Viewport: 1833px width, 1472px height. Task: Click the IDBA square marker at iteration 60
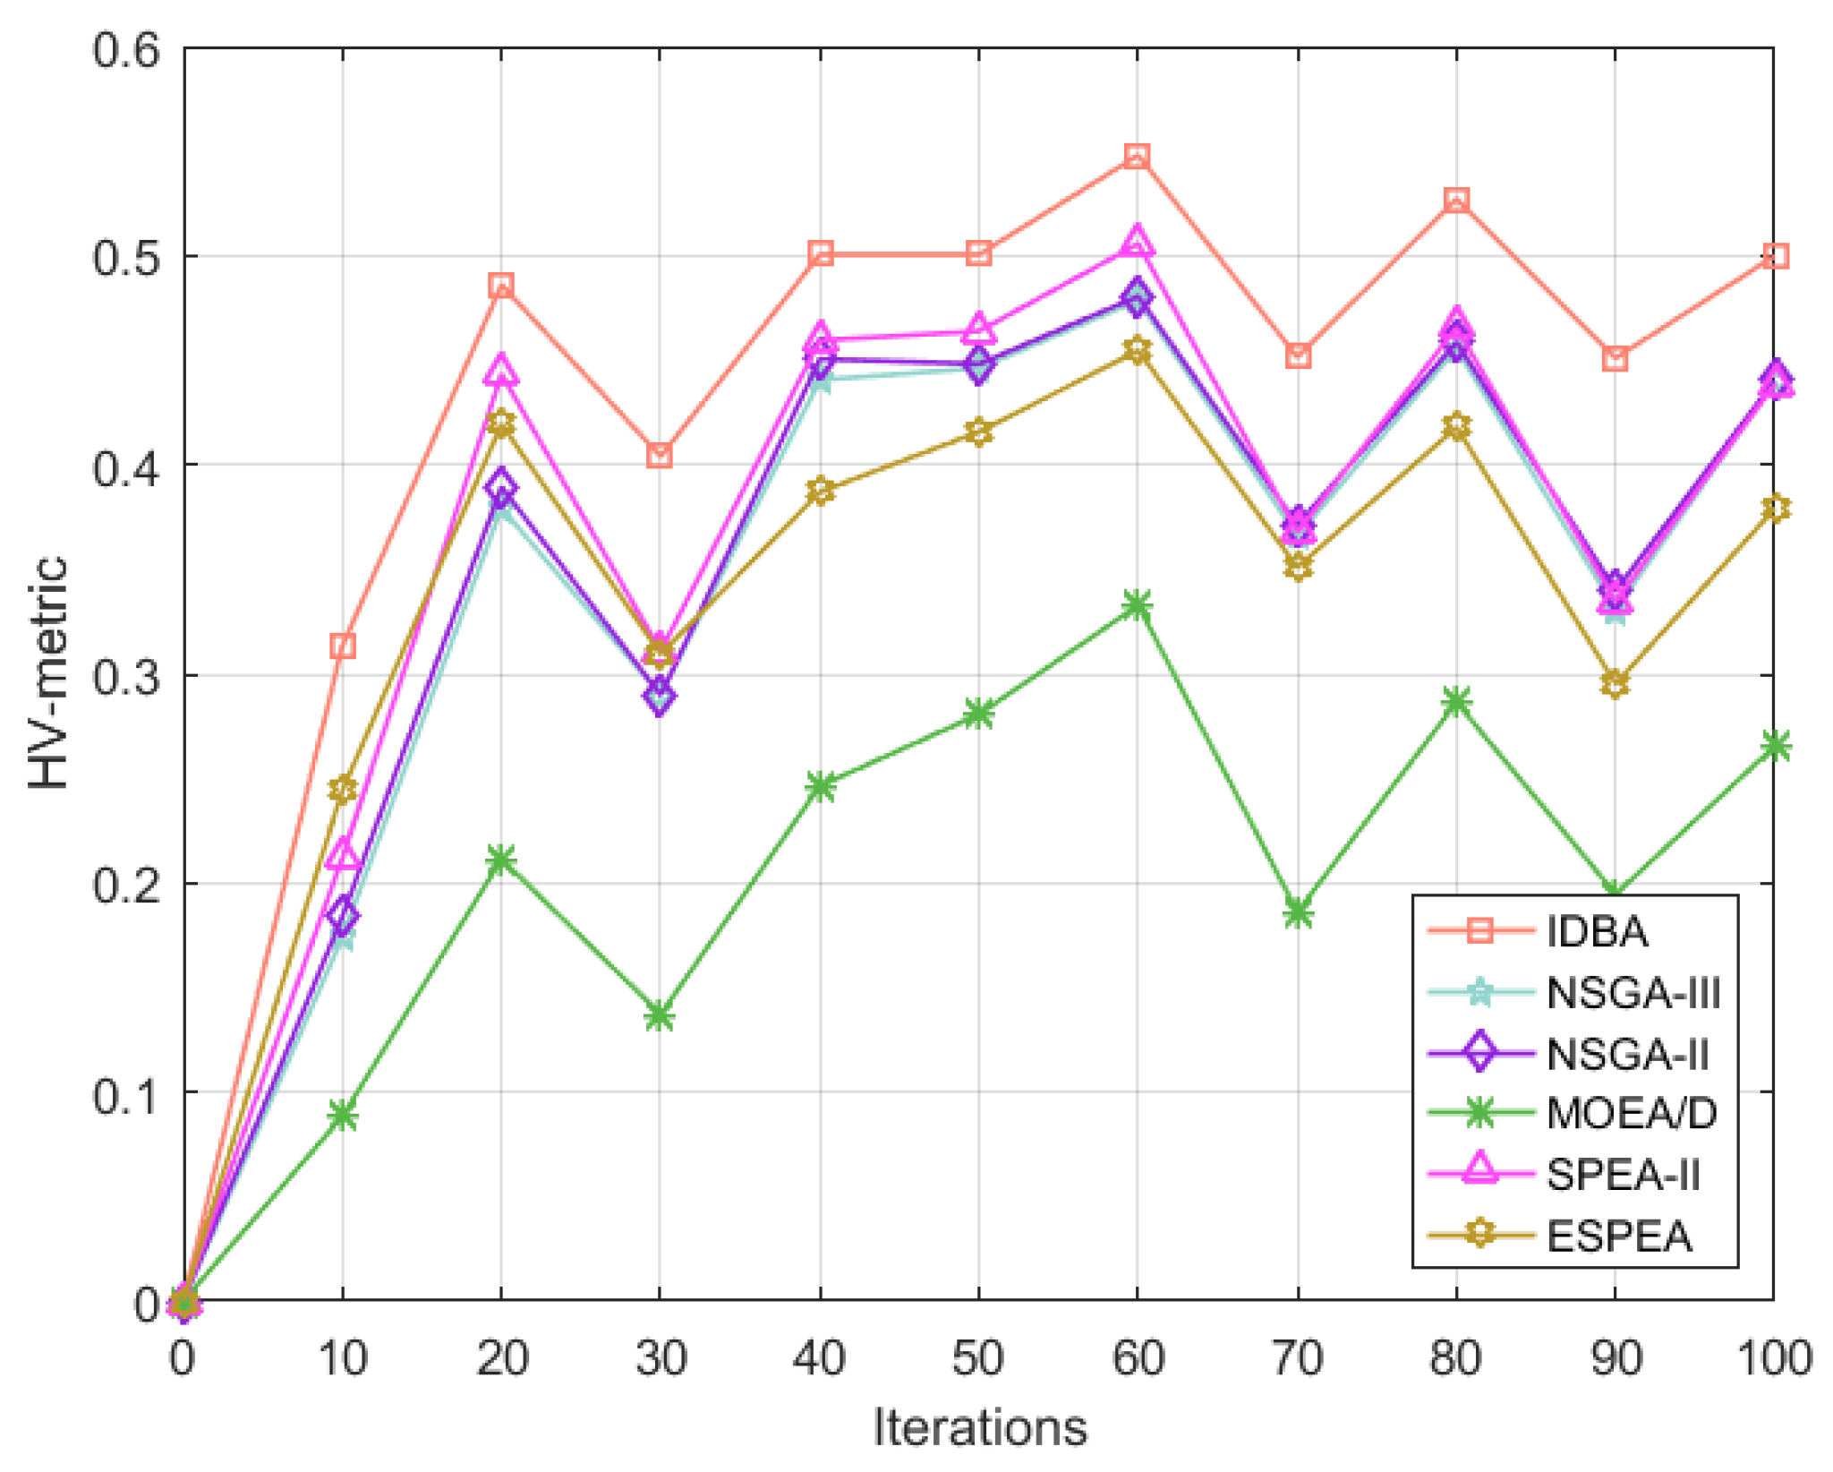(x=1137, y=157)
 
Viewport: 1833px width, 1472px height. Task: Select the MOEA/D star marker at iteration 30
(x=660, y=1016)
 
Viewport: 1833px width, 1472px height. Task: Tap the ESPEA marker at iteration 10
(x=343, y=789)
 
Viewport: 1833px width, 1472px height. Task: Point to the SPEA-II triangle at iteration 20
(x=501, y=370)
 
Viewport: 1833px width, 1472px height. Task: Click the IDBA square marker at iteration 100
(x=1774, y=257)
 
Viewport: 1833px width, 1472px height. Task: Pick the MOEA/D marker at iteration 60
(x=1137, y=606)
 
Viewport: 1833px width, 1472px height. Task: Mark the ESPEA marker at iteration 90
(x=1615, y=684)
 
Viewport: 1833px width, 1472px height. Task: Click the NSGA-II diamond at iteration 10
(x=343, y=916)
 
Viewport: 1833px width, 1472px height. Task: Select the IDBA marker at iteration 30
(x=660, y=455)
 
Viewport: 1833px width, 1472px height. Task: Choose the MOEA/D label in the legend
(x=1632, y=1114)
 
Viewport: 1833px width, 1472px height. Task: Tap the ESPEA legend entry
(x=1619, y=1237)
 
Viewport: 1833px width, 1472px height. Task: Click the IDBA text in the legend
(x=1597, y=932)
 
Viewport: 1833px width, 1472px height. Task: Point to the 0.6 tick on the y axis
(x=125, y=49)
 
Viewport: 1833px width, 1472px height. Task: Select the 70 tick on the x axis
(x=1297, y=1358)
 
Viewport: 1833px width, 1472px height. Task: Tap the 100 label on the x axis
(x=1774, y=1358)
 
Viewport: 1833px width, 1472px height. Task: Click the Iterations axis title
(x=979, y=1428)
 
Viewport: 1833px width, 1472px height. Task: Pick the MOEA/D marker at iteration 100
(x=1774, y=746)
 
